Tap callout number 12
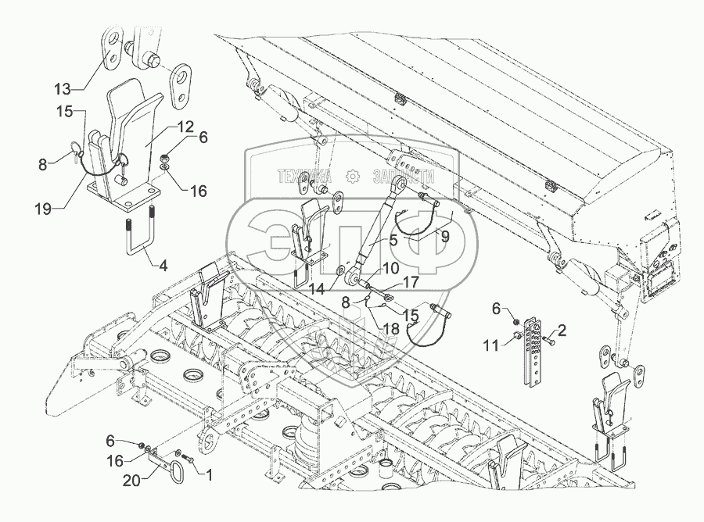(x=185, y=127)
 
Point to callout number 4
(x=162, y=266)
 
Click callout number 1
(x=207, y=474)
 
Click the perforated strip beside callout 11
(x=536, y=352)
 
